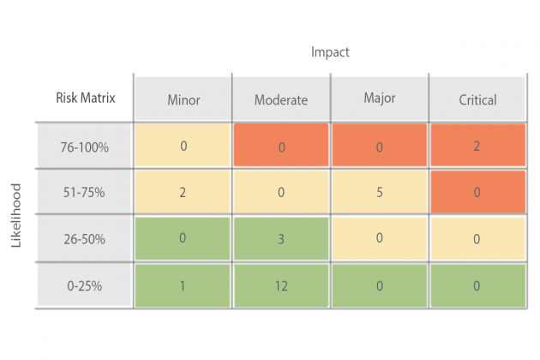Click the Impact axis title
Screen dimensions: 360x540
coord(330,52)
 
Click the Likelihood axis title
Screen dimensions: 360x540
coord(16,215)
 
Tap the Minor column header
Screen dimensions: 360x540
coord(183,99)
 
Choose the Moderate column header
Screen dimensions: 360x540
coord(280,99)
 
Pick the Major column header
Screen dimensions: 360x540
coord(379,98)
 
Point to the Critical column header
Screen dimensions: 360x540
coord(477,99)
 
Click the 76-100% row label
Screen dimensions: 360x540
coord(83,147)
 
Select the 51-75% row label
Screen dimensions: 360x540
coord(83,193)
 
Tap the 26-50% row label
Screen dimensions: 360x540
coord(83,239)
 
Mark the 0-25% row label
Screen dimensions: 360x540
coord(83,285)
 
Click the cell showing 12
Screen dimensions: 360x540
coord(281,285)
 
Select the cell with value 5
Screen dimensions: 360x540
coord(379,193)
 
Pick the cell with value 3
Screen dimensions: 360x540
coord(281,238)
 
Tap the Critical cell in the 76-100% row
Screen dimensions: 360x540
coord(477,146)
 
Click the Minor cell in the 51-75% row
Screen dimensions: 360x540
coord(183,193)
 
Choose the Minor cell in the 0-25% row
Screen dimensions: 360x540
coord(183,285)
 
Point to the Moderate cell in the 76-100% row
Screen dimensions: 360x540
coord(281,146)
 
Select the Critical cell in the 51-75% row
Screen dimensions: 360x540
coord(477,193)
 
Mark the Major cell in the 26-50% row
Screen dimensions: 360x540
coord(379,238)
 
